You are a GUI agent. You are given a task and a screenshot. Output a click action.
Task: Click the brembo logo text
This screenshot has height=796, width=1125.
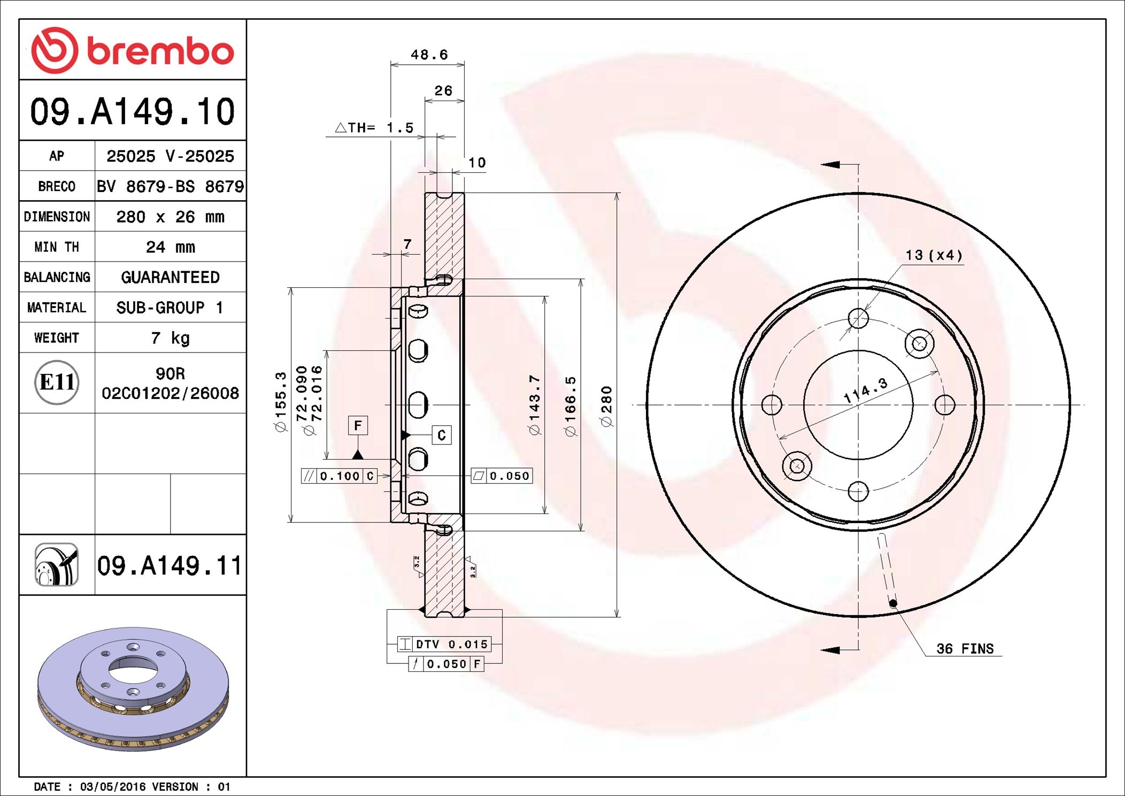160,52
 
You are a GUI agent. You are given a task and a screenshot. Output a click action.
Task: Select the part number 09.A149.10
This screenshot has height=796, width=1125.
133,111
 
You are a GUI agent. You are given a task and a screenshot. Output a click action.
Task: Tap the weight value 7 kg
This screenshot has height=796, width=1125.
170,338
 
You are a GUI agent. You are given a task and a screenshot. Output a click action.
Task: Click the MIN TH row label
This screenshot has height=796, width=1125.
57,247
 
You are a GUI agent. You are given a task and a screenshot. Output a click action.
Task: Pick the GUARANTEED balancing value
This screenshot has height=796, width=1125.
170,277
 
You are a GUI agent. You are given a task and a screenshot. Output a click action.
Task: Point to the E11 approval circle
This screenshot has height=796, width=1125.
57,382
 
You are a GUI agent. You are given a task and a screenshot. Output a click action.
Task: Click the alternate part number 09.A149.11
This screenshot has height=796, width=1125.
169,565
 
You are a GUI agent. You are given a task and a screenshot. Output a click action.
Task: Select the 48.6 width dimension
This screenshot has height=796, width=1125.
429,55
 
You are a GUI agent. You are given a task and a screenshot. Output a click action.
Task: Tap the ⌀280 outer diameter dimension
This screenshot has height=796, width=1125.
606,407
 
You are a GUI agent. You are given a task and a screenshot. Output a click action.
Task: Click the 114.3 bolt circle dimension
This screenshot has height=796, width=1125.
865,390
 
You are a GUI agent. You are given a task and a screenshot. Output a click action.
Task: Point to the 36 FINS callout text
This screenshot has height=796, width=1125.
965,648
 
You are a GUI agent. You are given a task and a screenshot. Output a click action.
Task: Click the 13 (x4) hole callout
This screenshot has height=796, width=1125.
934,255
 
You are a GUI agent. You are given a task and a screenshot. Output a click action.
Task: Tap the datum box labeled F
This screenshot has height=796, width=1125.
358,425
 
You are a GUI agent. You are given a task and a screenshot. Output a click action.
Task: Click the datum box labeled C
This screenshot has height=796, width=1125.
442,435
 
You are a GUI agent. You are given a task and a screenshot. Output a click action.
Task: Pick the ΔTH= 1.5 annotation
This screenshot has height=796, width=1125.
374,127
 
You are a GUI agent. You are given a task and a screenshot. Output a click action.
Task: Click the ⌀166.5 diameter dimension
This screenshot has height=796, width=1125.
570,406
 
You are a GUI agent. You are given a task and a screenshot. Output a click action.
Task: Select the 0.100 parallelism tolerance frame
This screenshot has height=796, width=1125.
340,476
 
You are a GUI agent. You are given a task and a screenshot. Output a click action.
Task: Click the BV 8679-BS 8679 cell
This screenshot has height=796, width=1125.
170,186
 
